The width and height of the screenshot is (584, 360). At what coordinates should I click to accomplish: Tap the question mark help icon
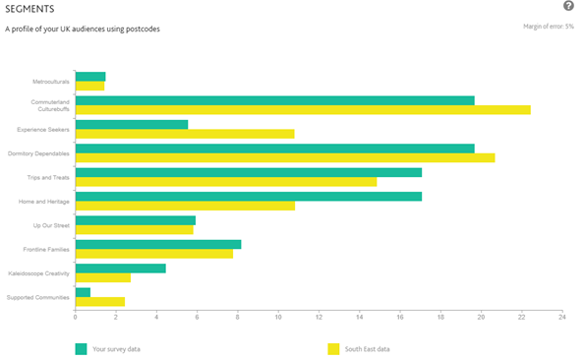click(x=568, y=7)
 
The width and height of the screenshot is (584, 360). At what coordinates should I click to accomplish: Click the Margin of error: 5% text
click(x=549, y=27)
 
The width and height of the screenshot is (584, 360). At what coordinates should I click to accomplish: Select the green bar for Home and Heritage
click(x=249, y=196)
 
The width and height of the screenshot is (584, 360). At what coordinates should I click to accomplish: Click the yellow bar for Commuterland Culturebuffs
click(x=303, y=110)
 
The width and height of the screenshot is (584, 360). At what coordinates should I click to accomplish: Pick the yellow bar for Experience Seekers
click(x=185, y=134)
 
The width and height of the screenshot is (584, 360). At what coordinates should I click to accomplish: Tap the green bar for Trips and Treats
click(x=249, y=172)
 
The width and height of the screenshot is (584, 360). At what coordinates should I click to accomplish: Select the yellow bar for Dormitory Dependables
click(x=285, y=157)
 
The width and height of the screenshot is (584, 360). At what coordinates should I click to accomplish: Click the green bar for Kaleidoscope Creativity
click(x=121, y=268)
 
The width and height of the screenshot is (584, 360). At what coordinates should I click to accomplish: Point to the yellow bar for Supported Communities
click(x=100, y=301)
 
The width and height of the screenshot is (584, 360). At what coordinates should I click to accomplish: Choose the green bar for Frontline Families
click(x=158, y=244)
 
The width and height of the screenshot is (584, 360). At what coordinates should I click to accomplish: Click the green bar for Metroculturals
click(x=90, y=77)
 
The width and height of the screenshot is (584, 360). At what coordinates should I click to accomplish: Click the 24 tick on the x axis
click(x=561, y=317)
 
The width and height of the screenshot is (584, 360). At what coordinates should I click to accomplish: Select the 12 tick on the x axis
click(x=319, y=317)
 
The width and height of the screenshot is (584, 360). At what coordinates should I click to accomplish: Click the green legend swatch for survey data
click(x=81, y=348)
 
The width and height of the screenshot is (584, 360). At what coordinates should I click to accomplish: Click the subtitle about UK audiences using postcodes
click(x=83, y=29)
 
